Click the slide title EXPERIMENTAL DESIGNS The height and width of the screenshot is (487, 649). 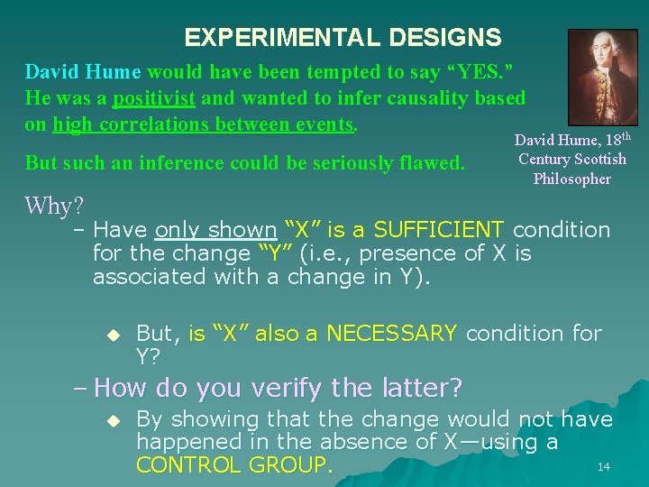pyautogui.click(x=343, y=38)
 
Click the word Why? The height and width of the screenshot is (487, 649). pyautogui.click(x=54, y=206)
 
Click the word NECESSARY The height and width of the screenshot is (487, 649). pyautogui.click(x=391, y=334)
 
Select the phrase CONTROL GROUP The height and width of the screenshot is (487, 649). pyautogui.click(x=233, y=465)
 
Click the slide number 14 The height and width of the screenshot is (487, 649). pyautogui.click(x=604, y=466)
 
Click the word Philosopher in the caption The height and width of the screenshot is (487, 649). pyautogui.click(x=571, y=179)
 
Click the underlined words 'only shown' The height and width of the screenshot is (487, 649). pyautogui.click(x=215, y=230)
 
